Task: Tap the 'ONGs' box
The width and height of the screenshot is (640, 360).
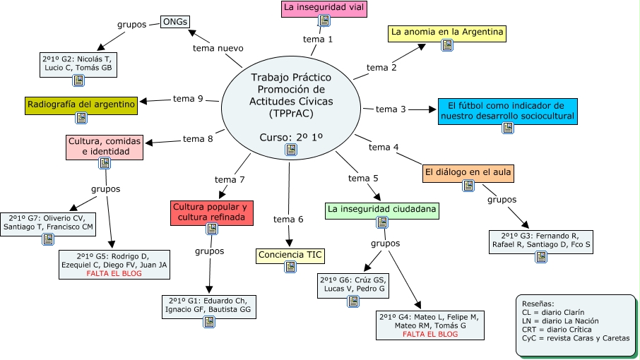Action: tap(175, 22)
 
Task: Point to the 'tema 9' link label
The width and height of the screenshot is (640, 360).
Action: tap(188, 98)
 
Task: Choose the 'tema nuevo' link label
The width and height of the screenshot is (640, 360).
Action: tap(218, 48)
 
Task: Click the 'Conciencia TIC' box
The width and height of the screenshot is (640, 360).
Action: tap(290, 256)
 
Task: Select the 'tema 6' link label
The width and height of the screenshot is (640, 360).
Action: tap(288, 220)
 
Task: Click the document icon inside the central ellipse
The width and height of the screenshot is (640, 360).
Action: tap(291, 150)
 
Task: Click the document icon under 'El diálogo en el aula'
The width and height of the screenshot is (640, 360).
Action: tap(468, 186)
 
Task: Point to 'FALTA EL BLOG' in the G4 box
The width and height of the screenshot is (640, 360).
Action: tap(430, 335)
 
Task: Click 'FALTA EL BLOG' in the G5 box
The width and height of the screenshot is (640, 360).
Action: tap(114, 273)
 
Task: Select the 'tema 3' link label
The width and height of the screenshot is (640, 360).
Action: tap(391, 109)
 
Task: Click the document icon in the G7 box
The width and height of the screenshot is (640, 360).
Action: tap(48, 239)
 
